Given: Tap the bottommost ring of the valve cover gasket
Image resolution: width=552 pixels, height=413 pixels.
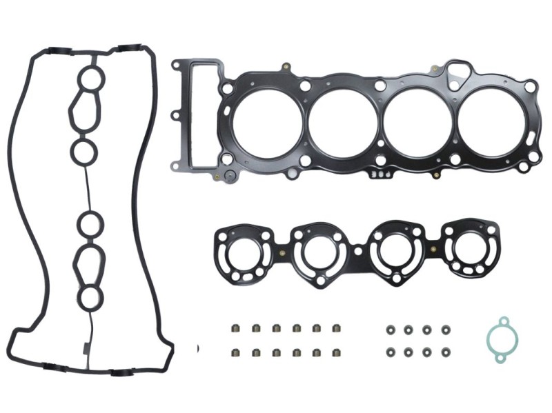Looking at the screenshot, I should coord(88,298).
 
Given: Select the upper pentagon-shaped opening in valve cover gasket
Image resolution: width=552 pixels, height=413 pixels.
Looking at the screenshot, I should coord(86,112).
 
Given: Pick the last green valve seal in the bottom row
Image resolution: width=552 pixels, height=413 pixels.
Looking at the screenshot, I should coord(337,352).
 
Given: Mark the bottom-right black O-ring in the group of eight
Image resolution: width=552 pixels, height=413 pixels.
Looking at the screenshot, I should coord(446,352).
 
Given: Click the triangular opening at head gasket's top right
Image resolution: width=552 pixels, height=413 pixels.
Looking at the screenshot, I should coord(456,72).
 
